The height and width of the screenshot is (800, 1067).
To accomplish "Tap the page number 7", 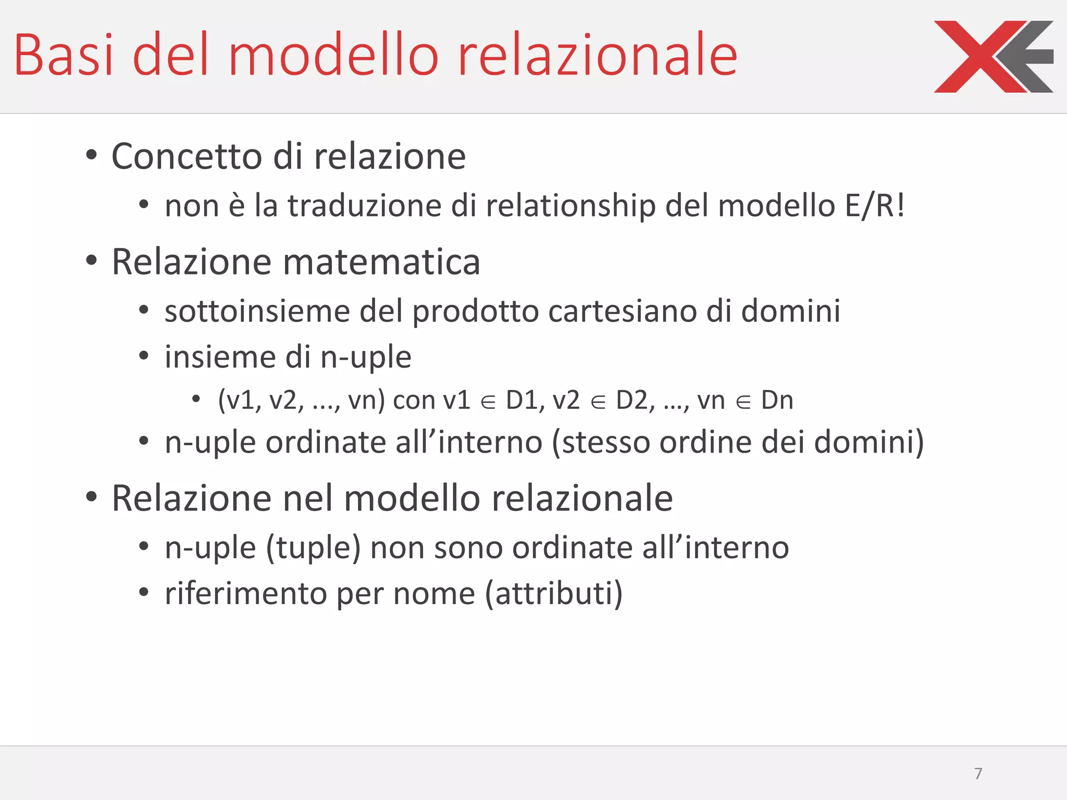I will (x=978, y=773).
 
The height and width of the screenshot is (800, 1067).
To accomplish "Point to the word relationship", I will (x=571, y=206).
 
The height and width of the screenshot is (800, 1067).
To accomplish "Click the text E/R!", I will (x=875, y=205).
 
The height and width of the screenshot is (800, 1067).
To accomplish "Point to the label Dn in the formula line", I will (x=777, y=401).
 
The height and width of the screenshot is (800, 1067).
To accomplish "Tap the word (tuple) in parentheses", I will (x=313, y=548).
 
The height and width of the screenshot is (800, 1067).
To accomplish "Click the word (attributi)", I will (x=554, y=594).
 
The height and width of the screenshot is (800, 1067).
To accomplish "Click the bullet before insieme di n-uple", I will (x=144, y=357).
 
